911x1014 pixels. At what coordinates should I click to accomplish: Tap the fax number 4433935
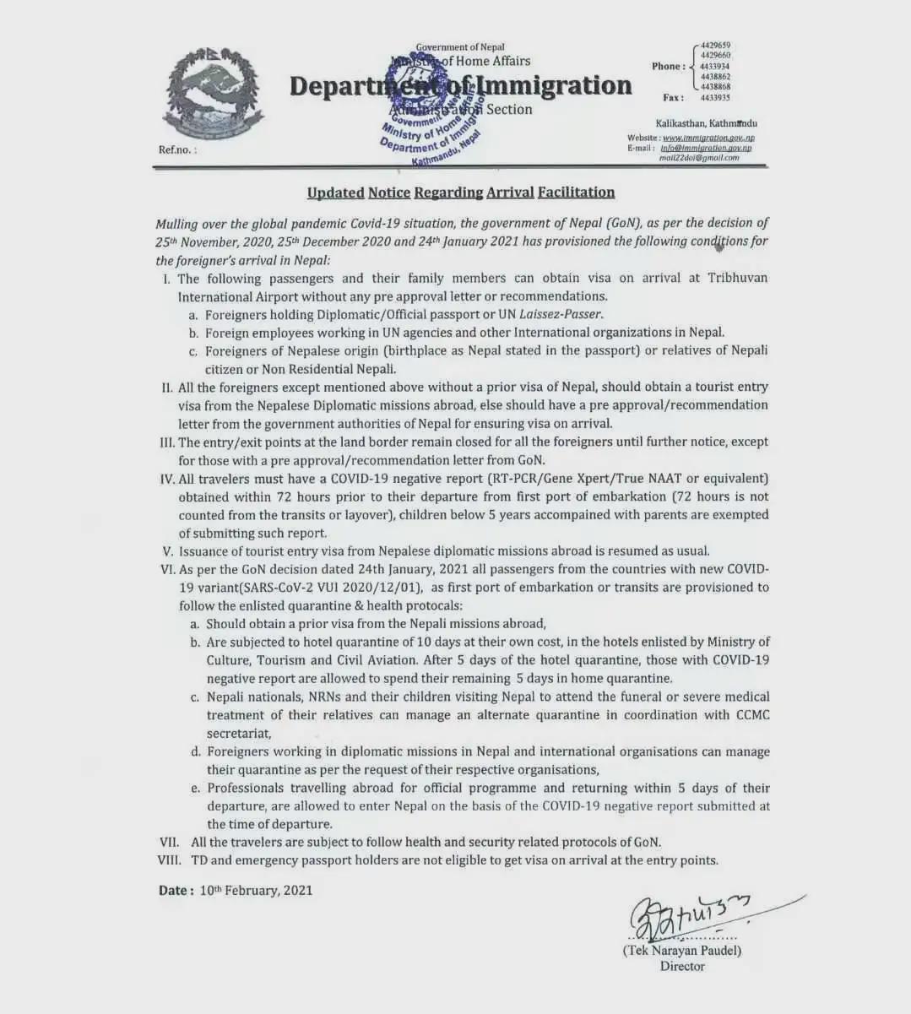tap(715, 98)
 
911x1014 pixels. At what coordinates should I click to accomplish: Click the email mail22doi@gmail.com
tap(698, 158)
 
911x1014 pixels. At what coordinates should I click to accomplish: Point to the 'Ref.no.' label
tap(176, 149)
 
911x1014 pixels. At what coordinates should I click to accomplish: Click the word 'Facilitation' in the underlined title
tap(576, 192)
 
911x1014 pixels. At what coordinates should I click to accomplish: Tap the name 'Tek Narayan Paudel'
tap(682, 951)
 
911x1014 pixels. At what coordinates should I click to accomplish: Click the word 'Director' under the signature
tap(682, 967)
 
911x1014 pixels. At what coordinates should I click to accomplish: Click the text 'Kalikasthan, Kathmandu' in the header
tap(706, 123)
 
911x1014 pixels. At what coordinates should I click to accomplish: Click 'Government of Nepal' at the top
tap(460, 47)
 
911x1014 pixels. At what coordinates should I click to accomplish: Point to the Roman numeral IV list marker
tap(167, 479)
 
